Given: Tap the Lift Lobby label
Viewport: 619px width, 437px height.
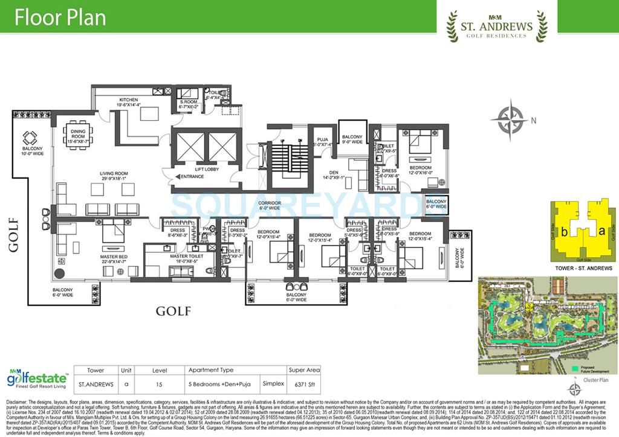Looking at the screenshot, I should point(189,170).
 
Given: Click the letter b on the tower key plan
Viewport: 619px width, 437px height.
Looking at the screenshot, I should point(563,231).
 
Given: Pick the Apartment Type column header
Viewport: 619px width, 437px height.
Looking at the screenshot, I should point(211,370).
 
